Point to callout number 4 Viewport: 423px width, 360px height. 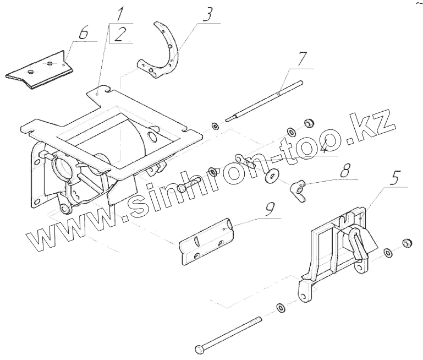(x=325, y=147)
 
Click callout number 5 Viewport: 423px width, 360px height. (x=395, y=179)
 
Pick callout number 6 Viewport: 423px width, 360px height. (x=83, y=32)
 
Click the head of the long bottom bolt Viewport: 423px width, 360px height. (x=199, y=349)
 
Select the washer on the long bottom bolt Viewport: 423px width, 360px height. (x=281, y=307)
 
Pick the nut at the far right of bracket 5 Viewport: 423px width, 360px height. (x=408, y=243)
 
